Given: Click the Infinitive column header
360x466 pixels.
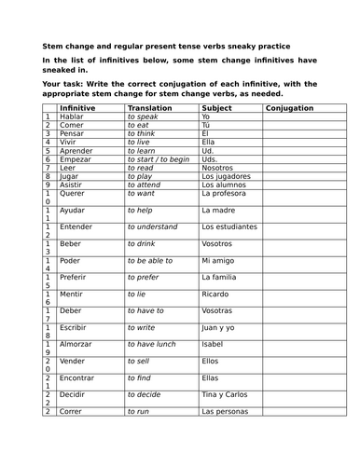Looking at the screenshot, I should [x=78, y=108].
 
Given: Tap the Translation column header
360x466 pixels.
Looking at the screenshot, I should [x=150, y=108].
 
